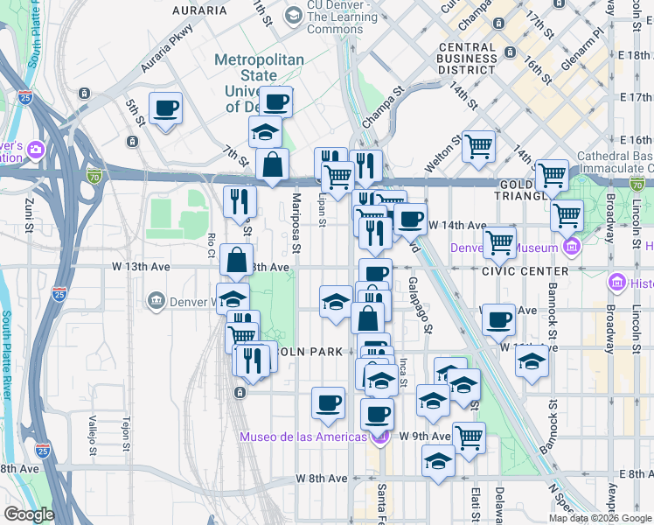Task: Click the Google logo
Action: click(28, 514)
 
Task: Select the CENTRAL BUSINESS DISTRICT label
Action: click(469, 58)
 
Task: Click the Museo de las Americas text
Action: click(303, 437)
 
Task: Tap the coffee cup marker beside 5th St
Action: click(165, 109)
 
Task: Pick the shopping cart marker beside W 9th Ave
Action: click(469, 437)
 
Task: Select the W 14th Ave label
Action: click(456, 225)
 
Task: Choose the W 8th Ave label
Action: click(321, 479)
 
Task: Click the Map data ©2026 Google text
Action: click(600, 518)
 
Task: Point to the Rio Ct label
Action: click(212, 246)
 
